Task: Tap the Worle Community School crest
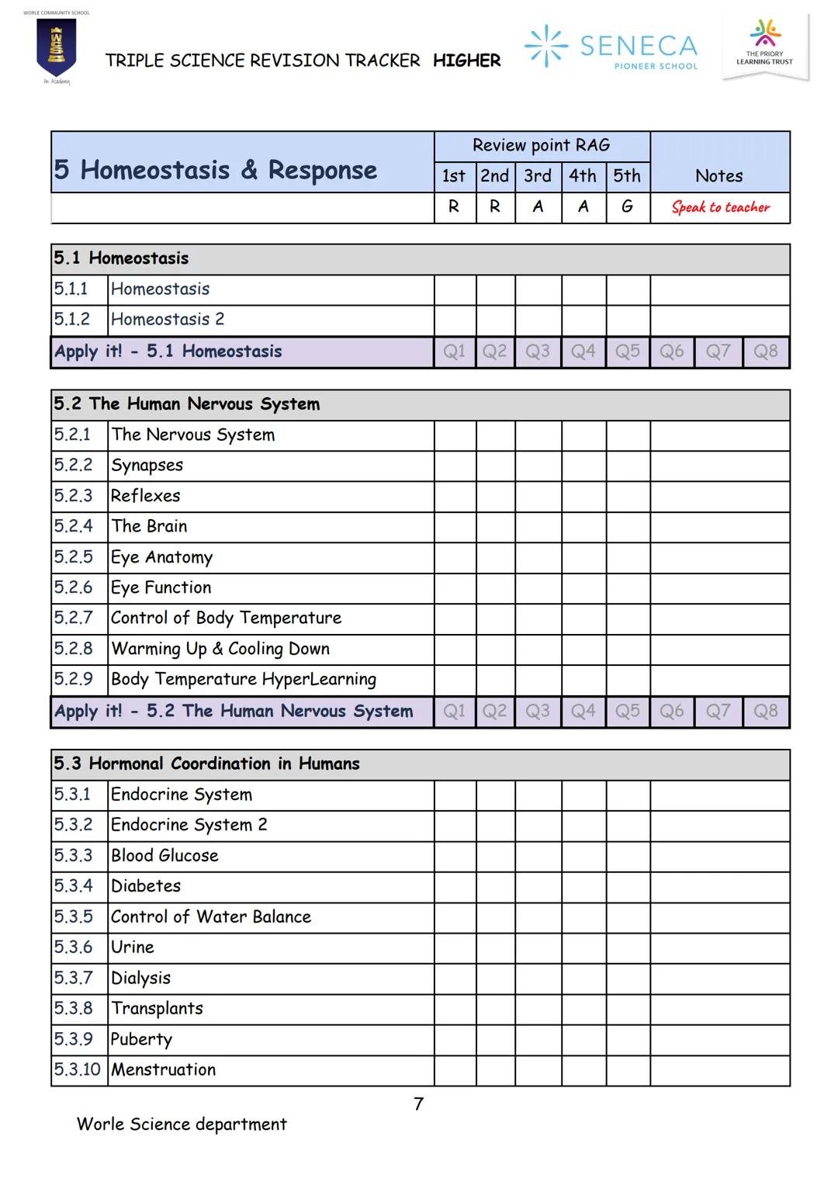(56, 48)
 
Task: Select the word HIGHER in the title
(466, 61)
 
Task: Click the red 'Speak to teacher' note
(720, 207)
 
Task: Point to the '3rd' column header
(538, 176)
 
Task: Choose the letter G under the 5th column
(627, 206)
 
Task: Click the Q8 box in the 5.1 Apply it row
(765, 352)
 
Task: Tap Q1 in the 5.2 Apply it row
(455, 711)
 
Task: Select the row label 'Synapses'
(147, 466)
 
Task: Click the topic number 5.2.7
(74, 618)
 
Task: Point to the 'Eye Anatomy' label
(161, 557)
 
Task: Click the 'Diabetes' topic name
(146, 886)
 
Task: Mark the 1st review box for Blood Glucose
(455, 856)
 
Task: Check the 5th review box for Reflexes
(627, 496)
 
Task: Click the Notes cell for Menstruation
(719, 1070)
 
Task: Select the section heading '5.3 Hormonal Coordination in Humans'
(206, 764)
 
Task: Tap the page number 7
(419, 1104)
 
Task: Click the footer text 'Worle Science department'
(182, 1124)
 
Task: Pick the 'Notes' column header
(719, 176)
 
